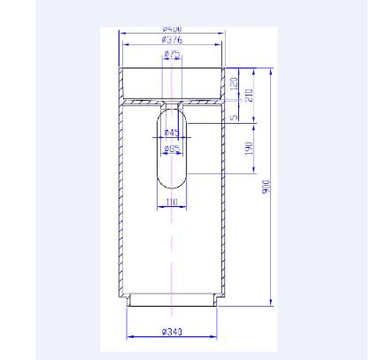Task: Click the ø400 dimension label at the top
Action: point(173,29)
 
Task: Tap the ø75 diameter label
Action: point(174,54)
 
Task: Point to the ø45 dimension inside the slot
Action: point(172,134)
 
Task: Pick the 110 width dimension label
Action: point(173,203)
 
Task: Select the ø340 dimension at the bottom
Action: point(173,333)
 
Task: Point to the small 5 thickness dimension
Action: point(235,115)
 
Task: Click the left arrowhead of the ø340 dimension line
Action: point(129,337)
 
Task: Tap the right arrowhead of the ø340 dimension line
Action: point(217,337)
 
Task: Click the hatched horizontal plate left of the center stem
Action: point(146,103)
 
